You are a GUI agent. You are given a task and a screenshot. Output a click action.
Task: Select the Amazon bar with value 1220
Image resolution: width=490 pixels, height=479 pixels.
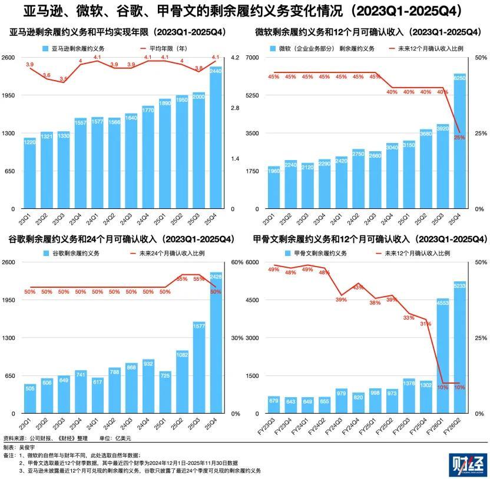click(x=30, y=173)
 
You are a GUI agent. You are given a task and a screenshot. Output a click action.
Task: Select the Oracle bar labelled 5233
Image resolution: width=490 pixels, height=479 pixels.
click(x=459, y=347)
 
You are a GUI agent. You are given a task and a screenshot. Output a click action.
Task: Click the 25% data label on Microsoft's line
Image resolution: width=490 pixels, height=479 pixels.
click(x=459, y=137)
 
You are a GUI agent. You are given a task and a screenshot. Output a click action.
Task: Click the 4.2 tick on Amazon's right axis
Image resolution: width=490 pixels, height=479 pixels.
click(x=234, y=57)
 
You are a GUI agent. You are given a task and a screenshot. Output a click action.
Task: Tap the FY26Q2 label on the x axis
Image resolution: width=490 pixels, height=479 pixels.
click(x=458, y=427)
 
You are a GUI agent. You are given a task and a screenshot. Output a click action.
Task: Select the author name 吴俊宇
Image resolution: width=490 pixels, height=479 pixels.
click(x=28, y=448)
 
